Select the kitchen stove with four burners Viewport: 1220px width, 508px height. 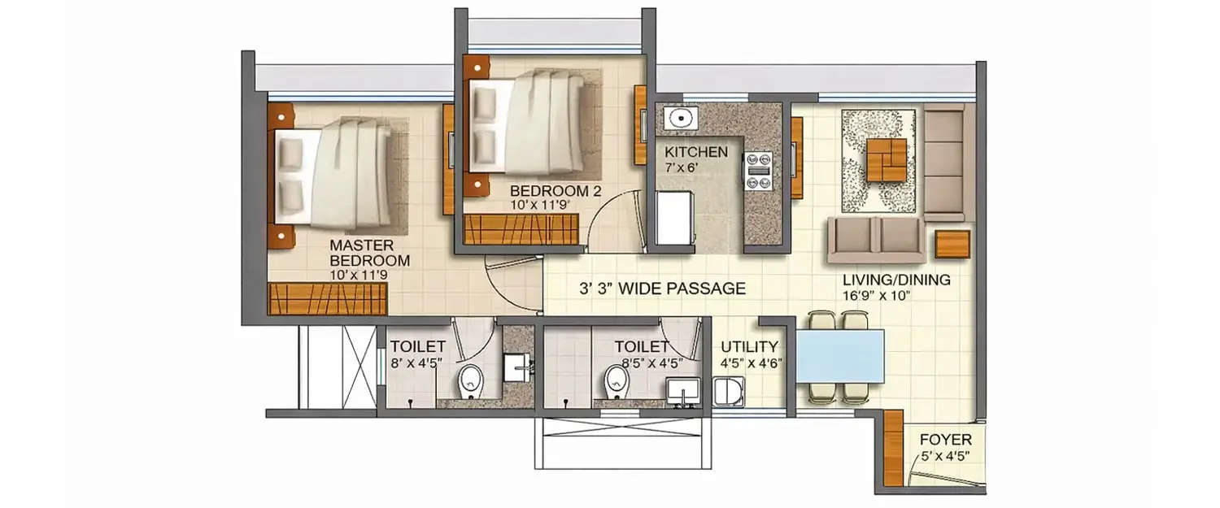click(x=758, y=171)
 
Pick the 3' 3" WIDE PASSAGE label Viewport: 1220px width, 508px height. click(x=662, y=288)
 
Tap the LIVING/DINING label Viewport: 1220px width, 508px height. click(x=896, y=280)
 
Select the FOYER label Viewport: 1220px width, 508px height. click(x=945, y=440)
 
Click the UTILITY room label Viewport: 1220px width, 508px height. click(x=748, y=347)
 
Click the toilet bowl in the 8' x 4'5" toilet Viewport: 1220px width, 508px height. click(x=470, y=381)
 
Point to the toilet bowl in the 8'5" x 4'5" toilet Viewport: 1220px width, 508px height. click(x=617, y=380)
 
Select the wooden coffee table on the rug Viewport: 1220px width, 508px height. click(x=886, y=160)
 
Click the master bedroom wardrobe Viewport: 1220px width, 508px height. click(x=326, y=298)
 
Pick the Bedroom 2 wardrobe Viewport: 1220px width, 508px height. click(x=520, y=229)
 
